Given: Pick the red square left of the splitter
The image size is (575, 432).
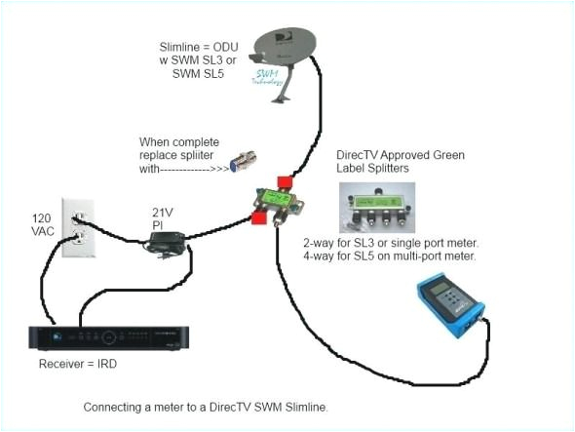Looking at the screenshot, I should click(x=257, y=217).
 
